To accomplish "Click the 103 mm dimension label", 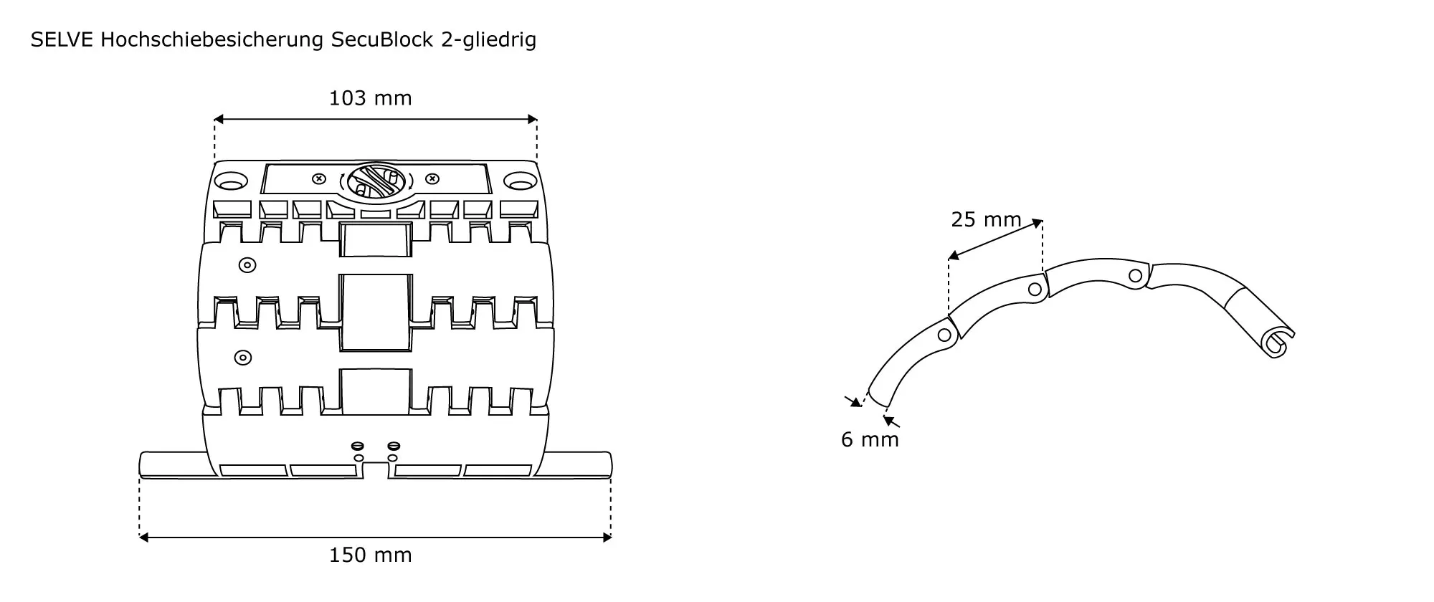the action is (370, 98).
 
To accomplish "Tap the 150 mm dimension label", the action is (370, 555).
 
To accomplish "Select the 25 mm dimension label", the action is (986, 219).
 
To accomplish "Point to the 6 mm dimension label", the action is (870, 439).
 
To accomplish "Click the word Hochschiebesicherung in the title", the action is (212, 41).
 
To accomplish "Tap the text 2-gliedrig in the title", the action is (489, 41).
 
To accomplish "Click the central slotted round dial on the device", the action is (376, 181).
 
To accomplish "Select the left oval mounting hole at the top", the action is (231, 181).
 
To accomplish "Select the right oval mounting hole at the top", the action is (518, 181).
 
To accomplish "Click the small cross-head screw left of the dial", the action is (320, 178).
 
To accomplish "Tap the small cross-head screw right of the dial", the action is (432, 178).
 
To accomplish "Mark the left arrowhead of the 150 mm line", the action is (143, 537).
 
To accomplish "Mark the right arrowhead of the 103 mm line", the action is (532, 119).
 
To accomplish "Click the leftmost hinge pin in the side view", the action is (945, 335).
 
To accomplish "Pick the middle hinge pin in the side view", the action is (1035, 290).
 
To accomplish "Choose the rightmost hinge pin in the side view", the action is (1136, 275).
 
